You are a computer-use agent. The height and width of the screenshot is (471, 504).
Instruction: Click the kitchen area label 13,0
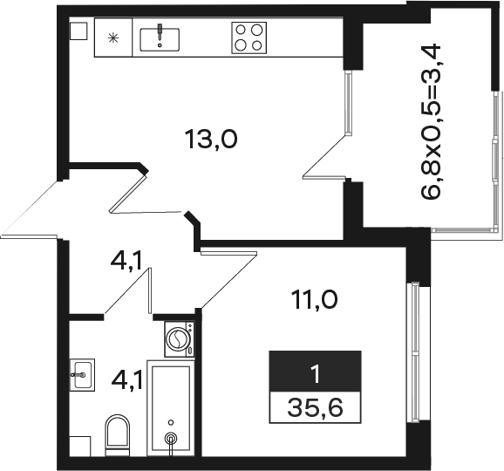(211, 140)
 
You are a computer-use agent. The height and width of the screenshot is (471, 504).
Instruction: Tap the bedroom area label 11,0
(314, 300)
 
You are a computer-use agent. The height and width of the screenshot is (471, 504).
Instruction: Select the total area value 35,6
(315, 407)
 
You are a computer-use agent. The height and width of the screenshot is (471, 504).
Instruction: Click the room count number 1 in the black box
(317, 374)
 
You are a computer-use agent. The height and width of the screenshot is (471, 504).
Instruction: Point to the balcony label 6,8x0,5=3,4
(431, 121)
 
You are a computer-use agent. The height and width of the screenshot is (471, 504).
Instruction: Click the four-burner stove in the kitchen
(249, 38)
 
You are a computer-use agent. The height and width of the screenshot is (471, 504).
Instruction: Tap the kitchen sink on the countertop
(160, 39)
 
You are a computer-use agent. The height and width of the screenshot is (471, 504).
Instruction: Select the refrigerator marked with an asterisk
(113, 38)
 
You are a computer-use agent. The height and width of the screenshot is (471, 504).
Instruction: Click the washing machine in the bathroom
(180, 339)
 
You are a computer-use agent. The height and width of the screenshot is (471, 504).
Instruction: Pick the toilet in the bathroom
(118, 435)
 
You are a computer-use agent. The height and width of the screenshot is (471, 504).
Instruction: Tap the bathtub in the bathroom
(171, 408)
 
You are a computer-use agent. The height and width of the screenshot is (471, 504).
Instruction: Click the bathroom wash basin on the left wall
(82, 375)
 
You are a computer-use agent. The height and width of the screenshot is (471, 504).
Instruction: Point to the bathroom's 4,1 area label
(126, 380)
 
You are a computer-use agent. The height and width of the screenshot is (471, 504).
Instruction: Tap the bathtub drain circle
(171, 438)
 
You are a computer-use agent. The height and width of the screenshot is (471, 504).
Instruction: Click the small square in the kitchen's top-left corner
(78, 31)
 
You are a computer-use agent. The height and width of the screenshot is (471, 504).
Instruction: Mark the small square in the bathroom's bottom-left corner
(80, 446)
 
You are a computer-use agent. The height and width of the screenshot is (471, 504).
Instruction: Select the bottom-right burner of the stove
(256, 45)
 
